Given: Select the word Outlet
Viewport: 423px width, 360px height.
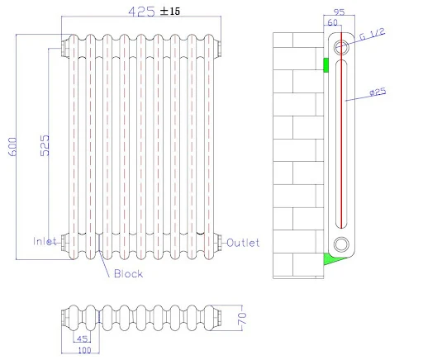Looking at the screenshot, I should pyautogui.click(x=244, y=243).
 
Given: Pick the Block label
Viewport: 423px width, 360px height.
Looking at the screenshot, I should pyautogui.click(x=128, y=273).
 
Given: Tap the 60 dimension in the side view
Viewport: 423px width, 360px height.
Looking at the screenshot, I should pyautogui.click(x=332, y=23).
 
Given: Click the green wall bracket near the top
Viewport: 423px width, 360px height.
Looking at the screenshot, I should pyautogui.click(x=326, y=64).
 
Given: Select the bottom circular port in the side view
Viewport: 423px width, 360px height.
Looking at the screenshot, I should pyautogui.click(x=340, y=244).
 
